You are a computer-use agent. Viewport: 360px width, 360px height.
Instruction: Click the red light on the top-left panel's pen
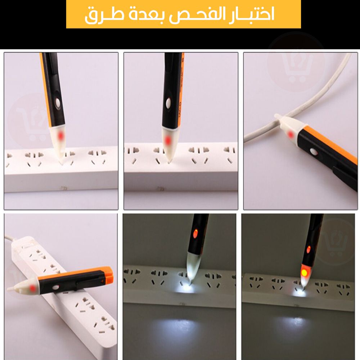pyautogui.click(x=60, y=136)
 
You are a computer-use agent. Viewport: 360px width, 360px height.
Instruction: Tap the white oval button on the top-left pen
pyautogui.click(x=57, y=102)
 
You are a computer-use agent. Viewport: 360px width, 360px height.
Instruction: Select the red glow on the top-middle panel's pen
pyautogui.click(x=168, y=140)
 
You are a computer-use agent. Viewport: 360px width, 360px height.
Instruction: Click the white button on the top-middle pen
pyautogui.click(x=168, y=102)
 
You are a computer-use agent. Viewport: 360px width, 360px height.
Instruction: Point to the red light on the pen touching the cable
pyautogui.click(x=291, y=134)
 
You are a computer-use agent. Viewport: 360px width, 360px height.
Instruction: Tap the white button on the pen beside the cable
pyautogui.click(x=314, y=151)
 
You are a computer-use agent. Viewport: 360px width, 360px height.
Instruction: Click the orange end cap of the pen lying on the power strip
pyautogui.click(x=108, y=274)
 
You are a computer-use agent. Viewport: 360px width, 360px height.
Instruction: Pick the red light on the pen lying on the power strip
pyautogui.click(x=32, y=288)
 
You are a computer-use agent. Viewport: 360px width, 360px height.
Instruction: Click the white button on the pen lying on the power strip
pyautogui.click(x=55, y=287)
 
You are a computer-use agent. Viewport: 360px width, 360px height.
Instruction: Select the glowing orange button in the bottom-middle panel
pyautogui.click(x=195, y=234)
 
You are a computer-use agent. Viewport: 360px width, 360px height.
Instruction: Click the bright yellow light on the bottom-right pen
pyautogui.click(x=304, y=273)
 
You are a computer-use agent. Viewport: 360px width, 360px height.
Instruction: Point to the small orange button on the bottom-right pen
pyautogui.click(x=309, y=249)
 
